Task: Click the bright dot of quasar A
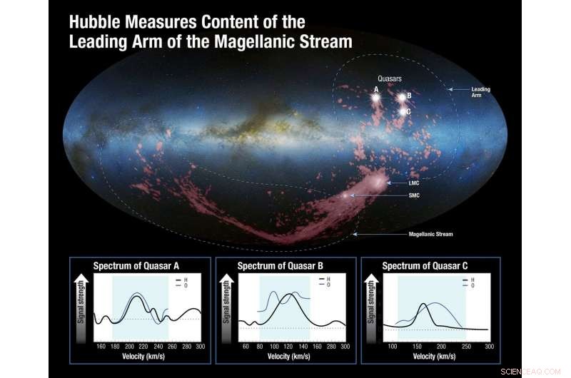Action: [375, 97]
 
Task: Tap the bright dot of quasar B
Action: [403, 97]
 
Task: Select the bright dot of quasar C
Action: [402, 112]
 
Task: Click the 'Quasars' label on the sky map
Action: [390, 78]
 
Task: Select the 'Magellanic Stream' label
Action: [430, 234]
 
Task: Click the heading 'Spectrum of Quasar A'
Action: [136, 266]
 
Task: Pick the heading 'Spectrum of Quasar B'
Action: [281, 266]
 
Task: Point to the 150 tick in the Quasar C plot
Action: [417, 345]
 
